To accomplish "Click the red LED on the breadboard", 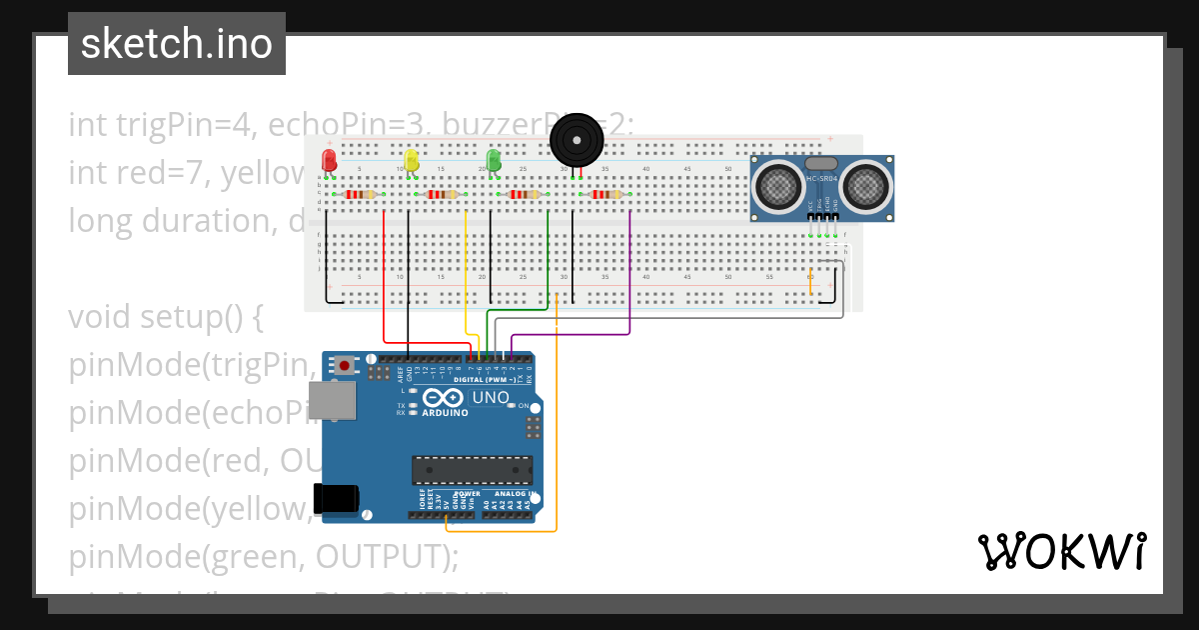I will click(x=329, y=161).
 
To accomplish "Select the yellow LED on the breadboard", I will click(x=411, y=161).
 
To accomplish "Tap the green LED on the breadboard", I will click(x=493, y=160).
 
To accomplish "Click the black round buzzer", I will click(x=578, y=140).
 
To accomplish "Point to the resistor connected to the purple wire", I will click(x=606, y=194).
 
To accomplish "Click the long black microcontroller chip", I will click(x=471, y=470).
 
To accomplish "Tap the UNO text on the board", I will click(x=491, y=398).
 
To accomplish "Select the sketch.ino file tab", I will click(x=177, y=44).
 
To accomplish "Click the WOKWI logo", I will click(x=1061, y=551).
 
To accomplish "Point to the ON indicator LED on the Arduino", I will click(x=511, y=405).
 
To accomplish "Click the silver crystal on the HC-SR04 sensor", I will click(x=820, y=163).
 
